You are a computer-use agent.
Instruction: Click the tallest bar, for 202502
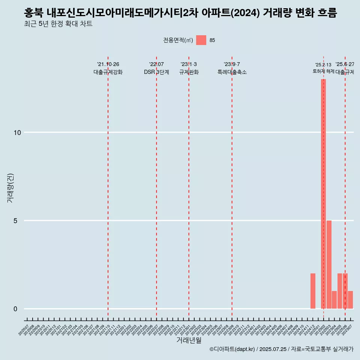(323, 194)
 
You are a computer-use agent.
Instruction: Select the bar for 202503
(329, 264)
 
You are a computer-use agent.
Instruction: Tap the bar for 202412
(313, 291)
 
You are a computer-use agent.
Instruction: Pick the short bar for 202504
(334, 300)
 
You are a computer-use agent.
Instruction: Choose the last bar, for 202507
(350, 300)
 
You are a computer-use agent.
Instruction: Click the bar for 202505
(340, 291)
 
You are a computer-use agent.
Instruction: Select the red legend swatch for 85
(201, 40)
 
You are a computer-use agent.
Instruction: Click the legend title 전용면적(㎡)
(178, 40)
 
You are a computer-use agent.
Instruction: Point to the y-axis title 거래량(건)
(10, 188)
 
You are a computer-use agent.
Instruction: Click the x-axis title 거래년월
(189, 340)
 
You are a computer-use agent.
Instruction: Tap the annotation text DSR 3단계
(156, 72)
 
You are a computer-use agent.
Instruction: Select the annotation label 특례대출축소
(232, 72)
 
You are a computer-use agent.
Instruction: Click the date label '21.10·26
(108, 64)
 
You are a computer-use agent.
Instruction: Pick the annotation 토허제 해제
(324, 71)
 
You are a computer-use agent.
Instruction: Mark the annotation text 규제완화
(189, 72)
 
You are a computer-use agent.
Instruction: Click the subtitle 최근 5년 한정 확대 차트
(58, 24)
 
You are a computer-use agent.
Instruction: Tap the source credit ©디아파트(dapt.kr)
(232, 349)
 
